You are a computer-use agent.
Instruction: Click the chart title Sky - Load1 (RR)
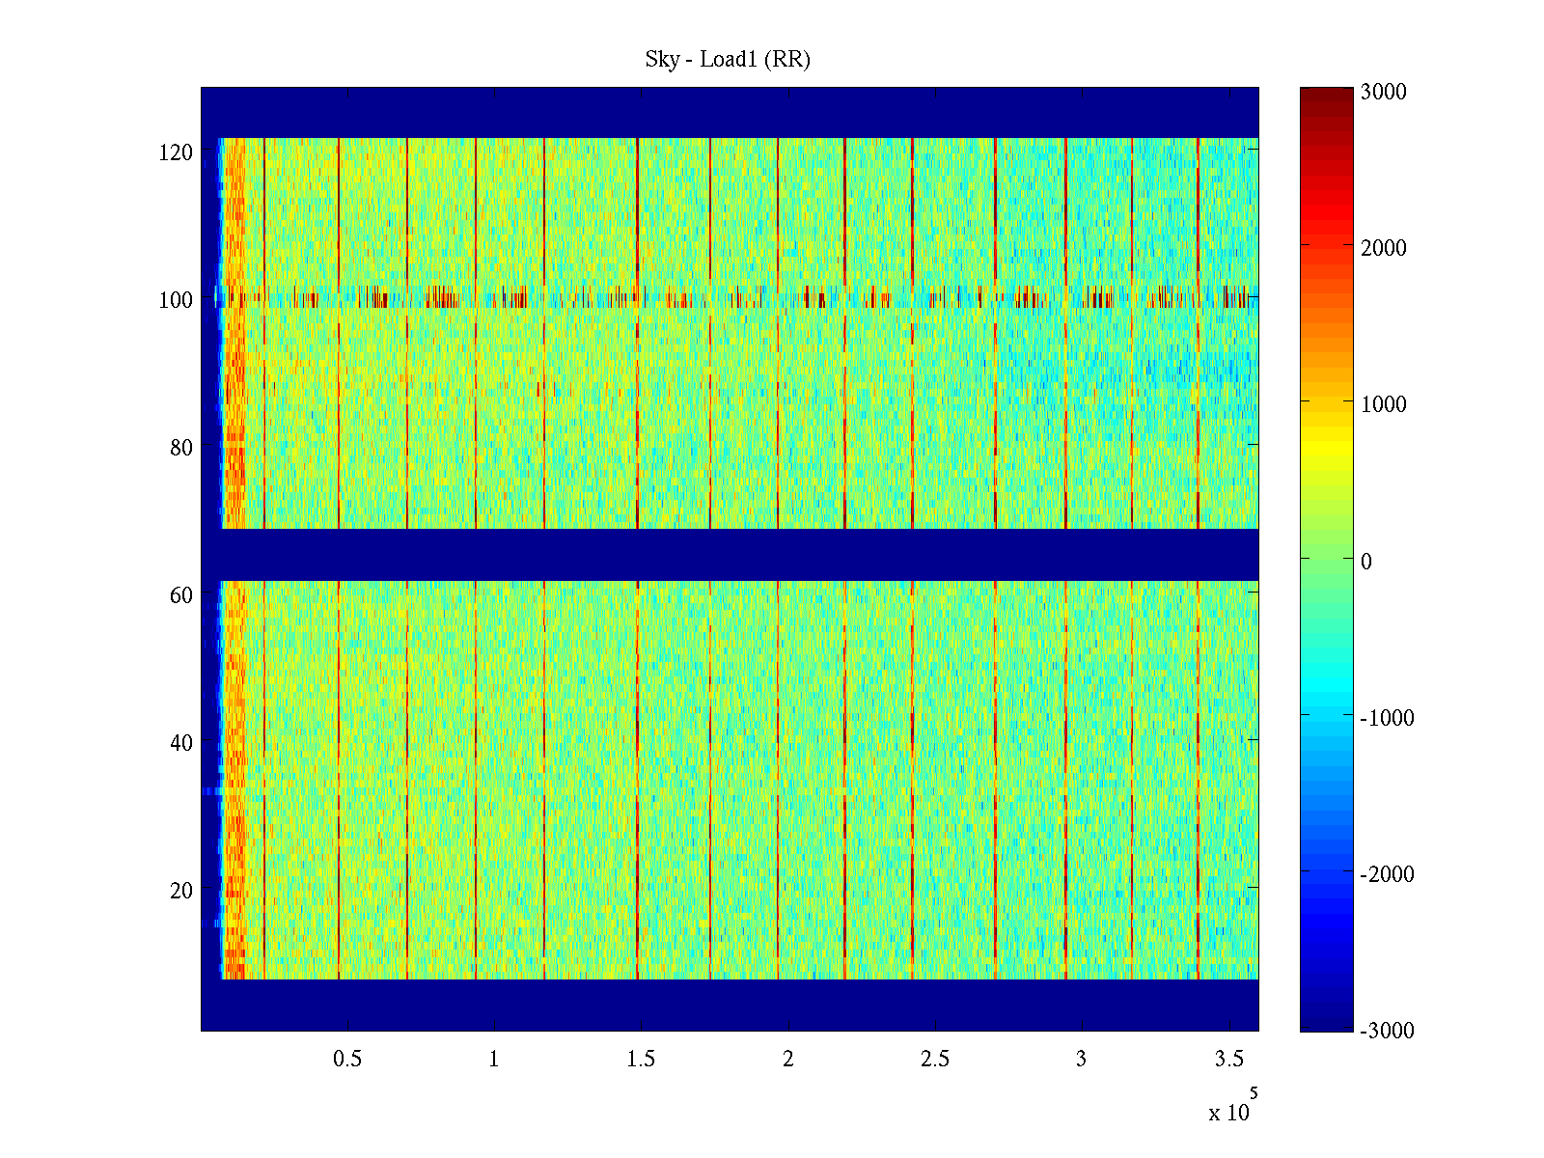728,60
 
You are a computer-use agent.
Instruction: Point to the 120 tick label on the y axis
176,152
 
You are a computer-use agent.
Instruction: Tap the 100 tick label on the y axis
176,300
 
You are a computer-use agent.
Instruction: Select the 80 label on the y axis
181,448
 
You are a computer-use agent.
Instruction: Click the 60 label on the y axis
181,595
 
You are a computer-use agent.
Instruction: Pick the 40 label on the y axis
181,743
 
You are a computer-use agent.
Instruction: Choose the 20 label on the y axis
181,891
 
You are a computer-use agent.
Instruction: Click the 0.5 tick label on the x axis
347,1060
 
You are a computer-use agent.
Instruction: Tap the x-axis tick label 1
494,1060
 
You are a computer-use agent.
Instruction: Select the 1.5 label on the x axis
641,1060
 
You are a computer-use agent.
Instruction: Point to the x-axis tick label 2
787,1060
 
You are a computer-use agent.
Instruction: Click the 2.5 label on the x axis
934,1060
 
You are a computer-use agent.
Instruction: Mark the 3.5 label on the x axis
1228,1060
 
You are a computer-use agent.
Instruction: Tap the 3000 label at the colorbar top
1384,93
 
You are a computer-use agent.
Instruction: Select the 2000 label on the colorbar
1384,249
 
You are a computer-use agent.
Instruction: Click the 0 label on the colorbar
1365,562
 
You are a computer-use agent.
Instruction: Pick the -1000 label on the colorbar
1387,718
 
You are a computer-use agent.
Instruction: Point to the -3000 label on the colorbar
1387,1031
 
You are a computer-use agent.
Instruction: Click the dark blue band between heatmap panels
730,555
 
